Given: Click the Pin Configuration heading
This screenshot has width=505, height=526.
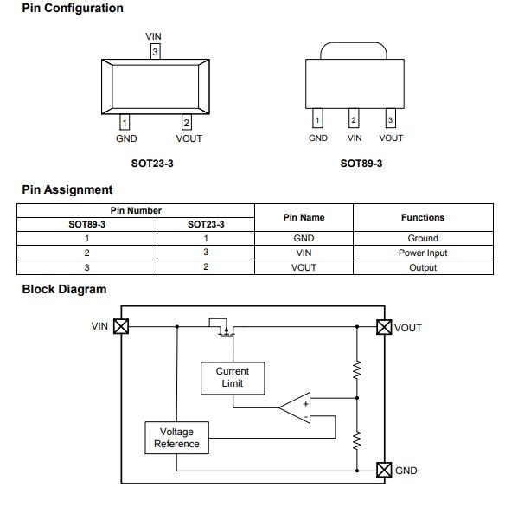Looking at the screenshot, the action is coord(73,8).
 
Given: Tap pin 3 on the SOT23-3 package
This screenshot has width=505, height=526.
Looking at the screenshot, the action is coord(155,52).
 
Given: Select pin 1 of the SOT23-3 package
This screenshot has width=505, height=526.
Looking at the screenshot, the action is coord(125,123).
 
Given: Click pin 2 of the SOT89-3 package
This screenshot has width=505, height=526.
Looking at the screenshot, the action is coord(354,118).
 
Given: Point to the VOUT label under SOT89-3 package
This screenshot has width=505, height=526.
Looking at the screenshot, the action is coord(391,138).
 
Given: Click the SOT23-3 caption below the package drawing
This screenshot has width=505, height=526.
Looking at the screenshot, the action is coord(152,164).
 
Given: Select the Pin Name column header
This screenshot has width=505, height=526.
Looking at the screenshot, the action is coord(304,217).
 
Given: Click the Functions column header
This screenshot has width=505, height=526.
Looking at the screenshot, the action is coord(423,217).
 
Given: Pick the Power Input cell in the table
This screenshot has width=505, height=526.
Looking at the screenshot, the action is coord(423,253).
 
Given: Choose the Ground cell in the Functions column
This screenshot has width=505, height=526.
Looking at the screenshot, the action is coord(423,238).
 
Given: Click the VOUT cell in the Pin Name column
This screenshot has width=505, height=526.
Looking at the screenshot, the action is coord(304,267).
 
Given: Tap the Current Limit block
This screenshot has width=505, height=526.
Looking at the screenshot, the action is coord(233,378).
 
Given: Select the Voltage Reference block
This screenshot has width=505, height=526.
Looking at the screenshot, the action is coord(176,438).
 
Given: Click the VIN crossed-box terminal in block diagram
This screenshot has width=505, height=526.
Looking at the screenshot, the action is coord(121,326).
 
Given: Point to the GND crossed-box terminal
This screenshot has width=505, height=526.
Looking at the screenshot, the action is coord(384,470).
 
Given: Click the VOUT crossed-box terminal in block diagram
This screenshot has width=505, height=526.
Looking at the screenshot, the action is coord(384,327).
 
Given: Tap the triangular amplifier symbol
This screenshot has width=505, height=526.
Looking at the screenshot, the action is coord(295,407).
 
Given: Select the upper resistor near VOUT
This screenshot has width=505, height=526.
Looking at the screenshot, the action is coord(357,369).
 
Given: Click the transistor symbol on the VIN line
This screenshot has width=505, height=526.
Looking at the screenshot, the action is coord(222,327).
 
